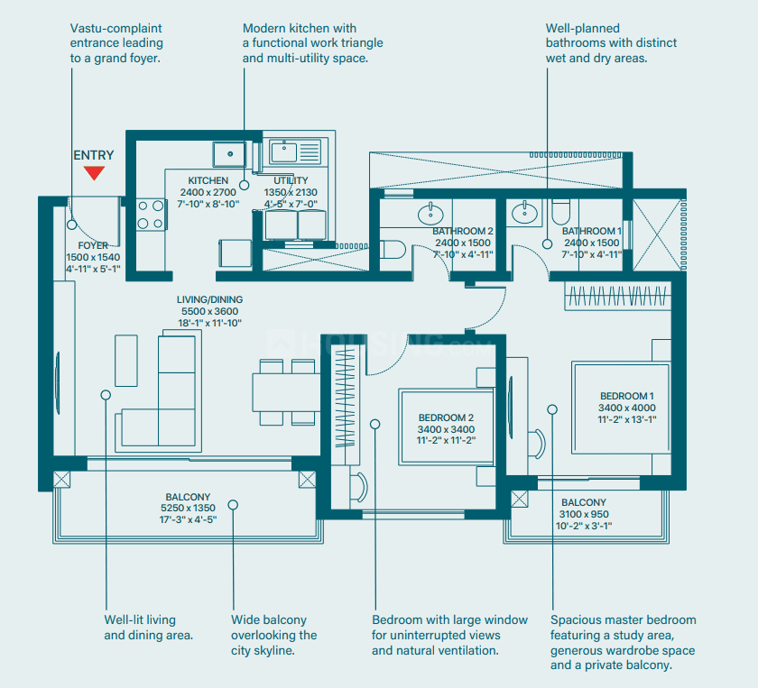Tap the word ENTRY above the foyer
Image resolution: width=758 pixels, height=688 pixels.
pos(94,155)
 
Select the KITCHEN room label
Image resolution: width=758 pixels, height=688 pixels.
pos(208,180)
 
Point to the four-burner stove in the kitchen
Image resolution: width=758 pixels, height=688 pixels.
pos(151,215)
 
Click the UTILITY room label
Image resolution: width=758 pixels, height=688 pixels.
pos(291,180)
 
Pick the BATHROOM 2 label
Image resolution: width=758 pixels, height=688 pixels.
pos(463,231)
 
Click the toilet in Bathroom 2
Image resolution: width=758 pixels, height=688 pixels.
pos(393,249)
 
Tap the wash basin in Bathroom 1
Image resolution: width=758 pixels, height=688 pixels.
pos(524,213)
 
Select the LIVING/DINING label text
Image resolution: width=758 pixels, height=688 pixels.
pos(209,299)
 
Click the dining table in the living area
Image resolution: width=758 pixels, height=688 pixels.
pos(286,392)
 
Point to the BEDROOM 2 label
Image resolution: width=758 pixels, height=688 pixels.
pos(446,417)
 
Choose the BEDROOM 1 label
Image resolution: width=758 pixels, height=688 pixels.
pos(627,396)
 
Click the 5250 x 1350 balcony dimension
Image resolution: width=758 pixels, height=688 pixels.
pos(188,508)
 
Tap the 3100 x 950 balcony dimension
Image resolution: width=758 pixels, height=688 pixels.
pos(584,514)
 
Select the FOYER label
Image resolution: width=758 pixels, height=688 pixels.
pos(93,245)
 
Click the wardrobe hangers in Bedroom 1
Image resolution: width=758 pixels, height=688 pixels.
pos(618,296)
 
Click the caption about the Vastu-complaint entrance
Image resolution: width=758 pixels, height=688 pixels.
pos(116,43)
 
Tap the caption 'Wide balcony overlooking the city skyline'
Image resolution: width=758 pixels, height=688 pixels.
pos(274,635)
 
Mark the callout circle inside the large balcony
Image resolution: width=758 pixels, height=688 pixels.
pos(233,505)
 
